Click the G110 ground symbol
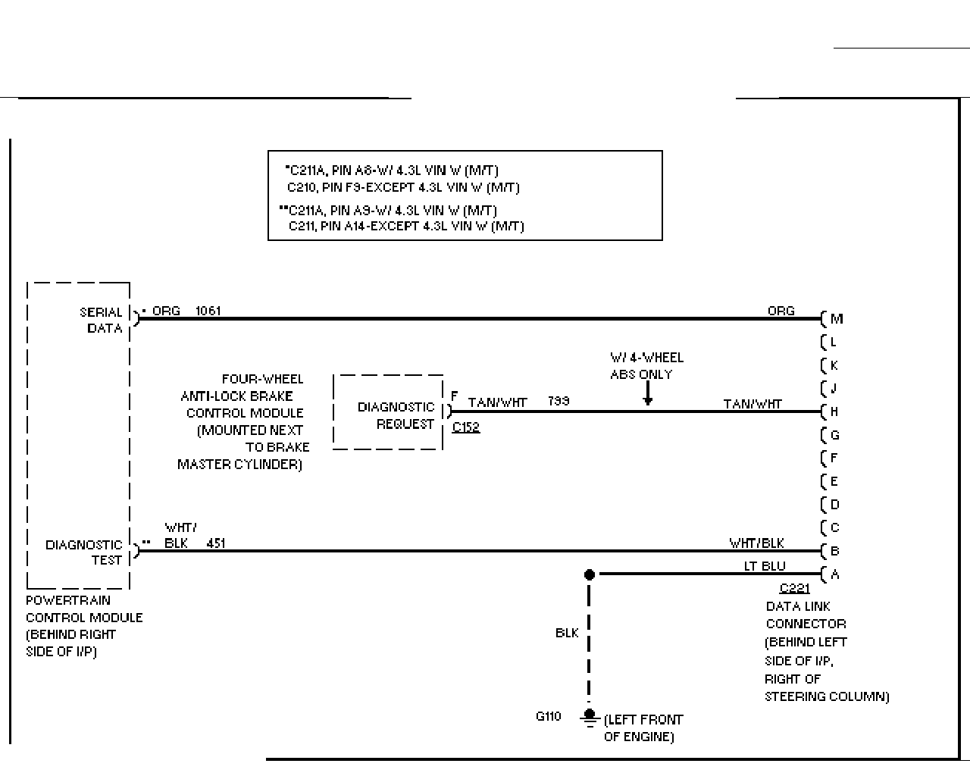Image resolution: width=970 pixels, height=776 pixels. pyautogui.click(x=589, y=718)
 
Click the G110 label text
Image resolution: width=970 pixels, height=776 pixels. pyautogui.click(x=548, y=716)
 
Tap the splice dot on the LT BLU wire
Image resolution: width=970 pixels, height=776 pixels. pyautogui.click(x=589, y=574)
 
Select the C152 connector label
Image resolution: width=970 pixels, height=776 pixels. pyautogui.click(x=466, y=427)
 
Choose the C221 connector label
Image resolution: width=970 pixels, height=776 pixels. pyautogui.click(x=795, y=588)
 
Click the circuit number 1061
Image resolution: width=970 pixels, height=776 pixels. pyautogui.click(x=208, y=311)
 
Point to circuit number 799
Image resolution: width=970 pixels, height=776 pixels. pyautogui.click(x=559, y=401)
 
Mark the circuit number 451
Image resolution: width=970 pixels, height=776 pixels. pyautogui.click(x=215, y=543)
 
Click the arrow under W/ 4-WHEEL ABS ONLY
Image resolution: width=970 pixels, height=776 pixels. pyautogui.click(x=648, y=393)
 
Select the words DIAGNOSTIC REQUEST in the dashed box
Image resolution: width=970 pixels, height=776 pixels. pyautogui.click(x=396, y=415)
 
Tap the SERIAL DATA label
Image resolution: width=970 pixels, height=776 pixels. pyautogui.click(x=101, y=320)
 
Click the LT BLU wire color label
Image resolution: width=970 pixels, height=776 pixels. pyautogui.click(x=765, y=566)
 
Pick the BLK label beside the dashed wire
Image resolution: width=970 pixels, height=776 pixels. pyautogui.click(x=567, y=633)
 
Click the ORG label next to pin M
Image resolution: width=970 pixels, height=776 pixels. pyautogui.click(x=781, y=311)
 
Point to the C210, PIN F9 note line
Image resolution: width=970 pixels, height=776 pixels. pyautogui.click(x=403, y=187)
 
